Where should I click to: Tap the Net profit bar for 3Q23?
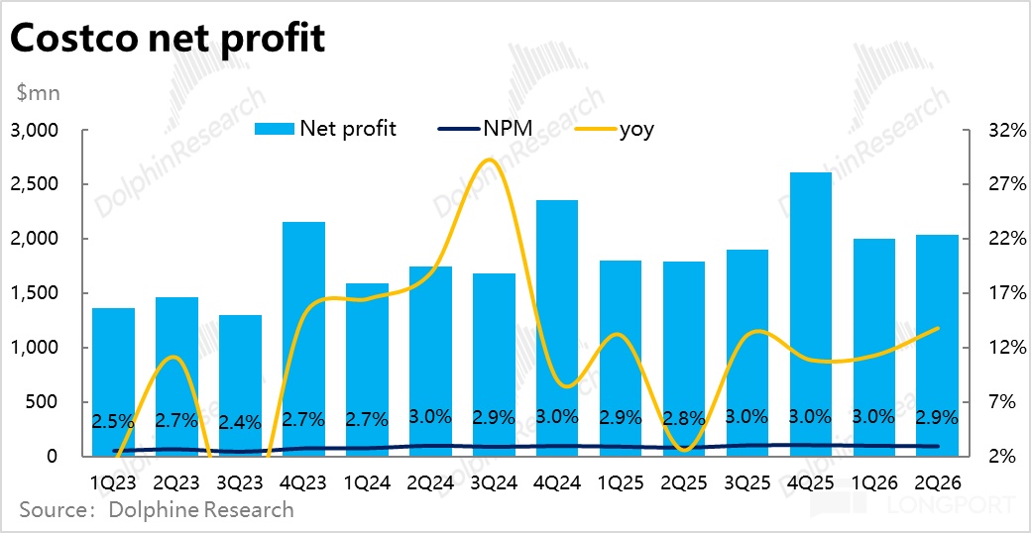click(240, 385)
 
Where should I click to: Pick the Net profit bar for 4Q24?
click(557, 328)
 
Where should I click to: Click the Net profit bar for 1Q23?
click(113, 381)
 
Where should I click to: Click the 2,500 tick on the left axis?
click(36, 185)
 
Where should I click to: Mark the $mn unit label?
click(39, 94)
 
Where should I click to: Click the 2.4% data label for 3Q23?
click(240, 420)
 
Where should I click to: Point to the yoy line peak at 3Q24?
click(488, 160)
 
